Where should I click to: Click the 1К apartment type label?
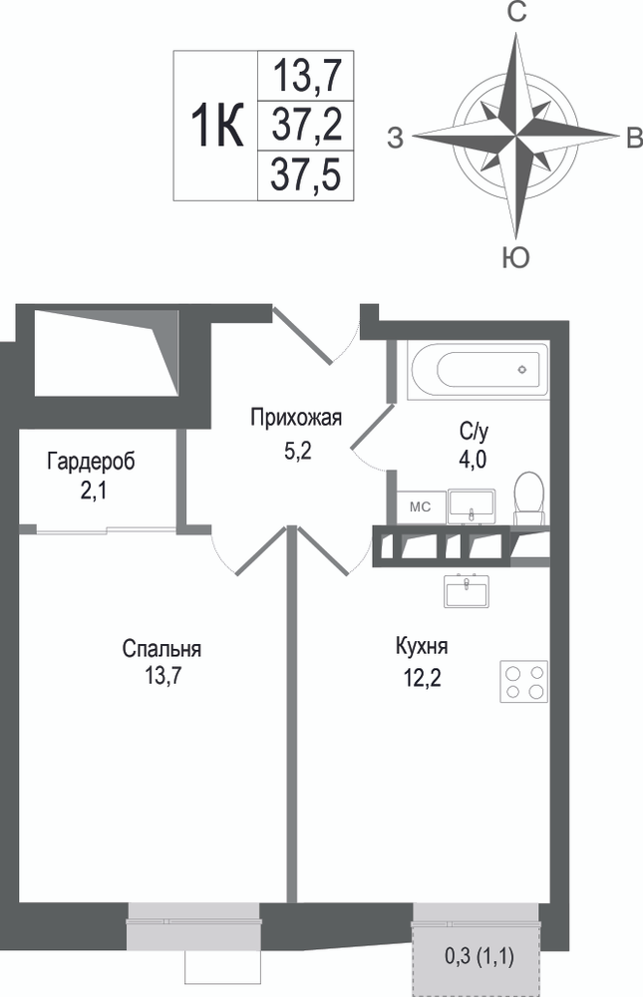(217, 126)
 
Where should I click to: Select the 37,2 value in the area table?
(307, 125)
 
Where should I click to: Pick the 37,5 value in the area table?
(307, 174)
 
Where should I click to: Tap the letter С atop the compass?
(516, 13)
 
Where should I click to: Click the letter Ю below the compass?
(515, 258)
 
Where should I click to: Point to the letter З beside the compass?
(396, 138)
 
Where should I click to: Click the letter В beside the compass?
(633, 138)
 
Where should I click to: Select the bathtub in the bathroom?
(479, 370)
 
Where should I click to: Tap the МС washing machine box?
(420, 507)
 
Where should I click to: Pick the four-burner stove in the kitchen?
(524, 681)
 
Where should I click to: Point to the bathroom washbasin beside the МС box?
(472, 506)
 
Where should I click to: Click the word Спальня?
(161, 649)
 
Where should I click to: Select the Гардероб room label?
(91, 462)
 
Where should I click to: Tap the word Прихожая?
(296, 418)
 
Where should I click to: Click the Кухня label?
(422, 647)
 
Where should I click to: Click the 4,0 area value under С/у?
(473, 459)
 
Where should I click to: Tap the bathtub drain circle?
(522, 370)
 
